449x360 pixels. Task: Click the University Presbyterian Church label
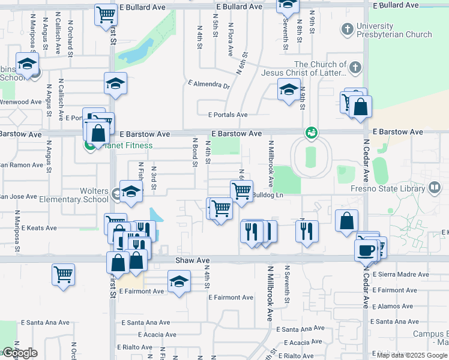tap(394, 30)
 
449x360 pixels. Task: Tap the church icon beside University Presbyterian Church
tap(347, 29)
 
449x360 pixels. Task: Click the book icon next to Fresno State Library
tap(433, 188)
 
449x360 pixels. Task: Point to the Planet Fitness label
tap(127, 145)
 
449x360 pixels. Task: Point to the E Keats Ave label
tap(38, 228)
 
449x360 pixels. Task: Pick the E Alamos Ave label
tap(394, 306)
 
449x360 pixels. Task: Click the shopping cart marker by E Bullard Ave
tap(106, 14)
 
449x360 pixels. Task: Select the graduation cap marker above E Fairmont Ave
tap(179, 281)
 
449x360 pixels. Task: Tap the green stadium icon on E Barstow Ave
tap(311, 131)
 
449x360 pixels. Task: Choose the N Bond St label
tap(195, 153)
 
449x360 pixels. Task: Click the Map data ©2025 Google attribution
tap(412, 355)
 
